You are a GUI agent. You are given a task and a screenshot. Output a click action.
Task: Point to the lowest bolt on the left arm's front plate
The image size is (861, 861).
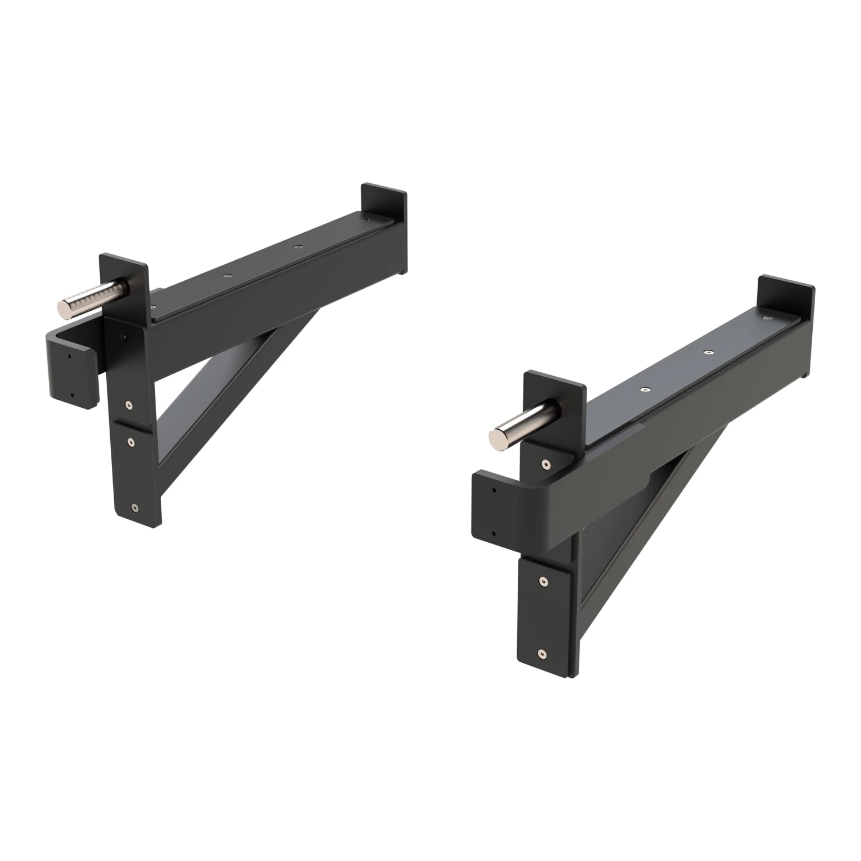[134, 507]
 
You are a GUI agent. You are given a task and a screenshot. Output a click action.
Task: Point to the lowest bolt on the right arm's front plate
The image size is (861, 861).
[542, 653]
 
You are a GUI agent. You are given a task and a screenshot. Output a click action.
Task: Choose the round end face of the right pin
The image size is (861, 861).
[495, 438]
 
